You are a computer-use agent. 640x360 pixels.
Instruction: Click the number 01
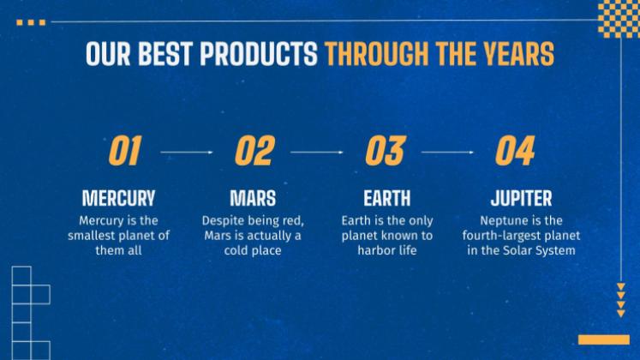(x=125, y=151)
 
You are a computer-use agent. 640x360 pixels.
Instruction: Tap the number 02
(x=255, y=151)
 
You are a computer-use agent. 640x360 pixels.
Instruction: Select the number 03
(x=386, y=151)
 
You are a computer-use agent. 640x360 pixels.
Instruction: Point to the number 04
(x=515, y=151)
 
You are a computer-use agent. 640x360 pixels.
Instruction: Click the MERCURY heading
(x=119, y=198)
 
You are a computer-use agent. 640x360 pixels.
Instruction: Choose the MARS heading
(x=253, y=198)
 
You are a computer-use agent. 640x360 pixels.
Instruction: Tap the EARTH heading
(x=387, y=198)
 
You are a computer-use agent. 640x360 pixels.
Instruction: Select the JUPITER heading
(x=521, y=198)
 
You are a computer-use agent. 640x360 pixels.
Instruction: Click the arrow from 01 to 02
(x=187, y=153)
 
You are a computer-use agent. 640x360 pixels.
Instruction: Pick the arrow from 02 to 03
(x=317, y=153)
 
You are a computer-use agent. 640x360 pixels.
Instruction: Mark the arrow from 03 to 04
(x=448, y=153)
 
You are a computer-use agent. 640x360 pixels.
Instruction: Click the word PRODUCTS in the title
(x=259, y=53)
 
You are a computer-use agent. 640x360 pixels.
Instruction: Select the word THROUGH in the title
(x=377, y=53)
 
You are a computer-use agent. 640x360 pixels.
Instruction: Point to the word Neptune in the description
(x=501, y=221)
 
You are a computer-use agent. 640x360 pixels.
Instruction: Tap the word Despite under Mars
(x=223, y=221)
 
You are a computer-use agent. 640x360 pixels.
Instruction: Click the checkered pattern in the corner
(x=619, y=19)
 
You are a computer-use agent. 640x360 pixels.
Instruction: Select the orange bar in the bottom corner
(x=604, y=339)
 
